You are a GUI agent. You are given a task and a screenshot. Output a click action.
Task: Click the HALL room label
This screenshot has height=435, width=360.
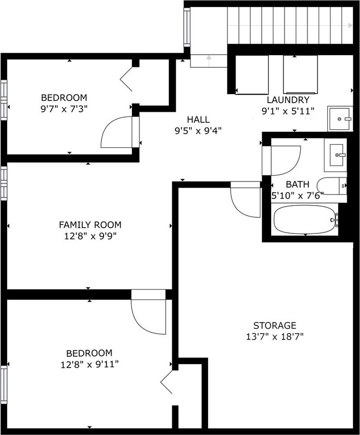(198, 120)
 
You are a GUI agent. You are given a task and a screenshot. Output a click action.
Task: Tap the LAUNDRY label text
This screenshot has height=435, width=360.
(288, 100)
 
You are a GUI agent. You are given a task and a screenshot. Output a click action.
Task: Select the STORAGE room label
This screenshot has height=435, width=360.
(275, 325)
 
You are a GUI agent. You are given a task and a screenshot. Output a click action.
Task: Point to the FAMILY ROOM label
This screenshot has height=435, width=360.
(90, 224)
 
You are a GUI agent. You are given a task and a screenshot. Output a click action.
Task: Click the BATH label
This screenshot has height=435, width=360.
(298, 184)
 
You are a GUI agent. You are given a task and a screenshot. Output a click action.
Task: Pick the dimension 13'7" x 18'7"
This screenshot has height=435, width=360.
(275, 337)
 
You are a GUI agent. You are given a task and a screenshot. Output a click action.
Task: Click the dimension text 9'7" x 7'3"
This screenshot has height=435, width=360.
(64, 109)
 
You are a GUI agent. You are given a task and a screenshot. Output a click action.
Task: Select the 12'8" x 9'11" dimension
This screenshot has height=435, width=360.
(89, 364)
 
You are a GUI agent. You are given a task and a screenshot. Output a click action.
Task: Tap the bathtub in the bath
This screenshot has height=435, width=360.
(305, 220)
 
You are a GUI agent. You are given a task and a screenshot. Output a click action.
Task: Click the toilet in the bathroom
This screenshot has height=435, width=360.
(332, 186)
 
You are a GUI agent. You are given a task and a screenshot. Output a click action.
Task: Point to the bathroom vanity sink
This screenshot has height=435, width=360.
(336, 155)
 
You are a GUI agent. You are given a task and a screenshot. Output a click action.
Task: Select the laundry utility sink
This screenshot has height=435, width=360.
(340, 119)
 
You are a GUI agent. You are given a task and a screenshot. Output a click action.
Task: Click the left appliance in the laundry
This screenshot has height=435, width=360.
(252, 75)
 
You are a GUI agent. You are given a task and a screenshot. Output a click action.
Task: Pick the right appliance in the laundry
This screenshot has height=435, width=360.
(301, 75)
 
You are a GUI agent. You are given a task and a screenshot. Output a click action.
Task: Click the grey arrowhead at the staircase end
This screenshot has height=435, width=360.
(351, 26)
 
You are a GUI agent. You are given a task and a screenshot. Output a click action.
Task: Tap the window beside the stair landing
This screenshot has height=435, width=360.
(187, 27)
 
